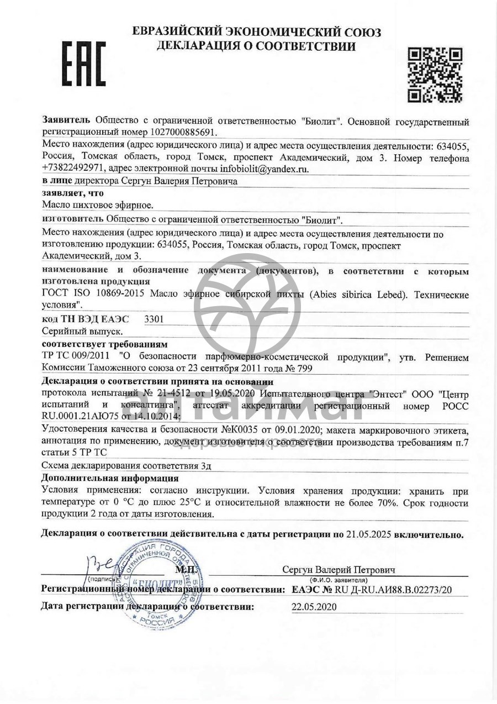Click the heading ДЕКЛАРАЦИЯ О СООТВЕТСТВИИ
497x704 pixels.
click(256, 46)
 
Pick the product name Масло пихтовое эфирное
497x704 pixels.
click(98, 206)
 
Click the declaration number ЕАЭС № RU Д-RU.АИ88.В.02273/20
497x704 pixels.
click(371, 590)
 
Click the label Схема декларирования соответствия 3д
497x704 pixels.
click(126, 466)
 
